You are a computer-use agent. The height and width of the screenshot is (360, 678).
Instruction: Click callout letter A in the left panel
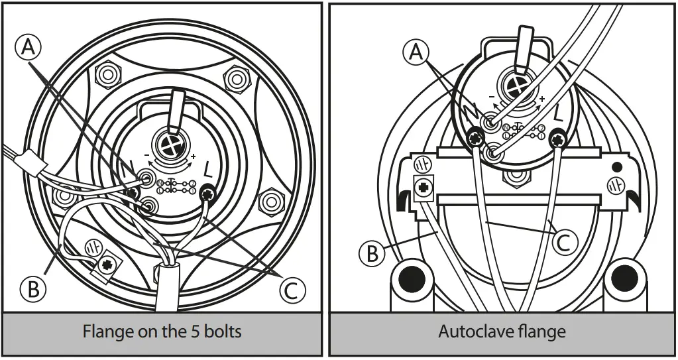[x=28, y=47]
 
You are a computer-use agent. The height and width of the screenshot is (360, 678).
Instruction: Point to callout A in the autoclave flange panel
[x=416, y=52]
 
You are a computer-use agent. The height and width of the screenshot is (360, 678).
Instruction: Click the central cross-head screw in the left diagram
[x=172, y=143]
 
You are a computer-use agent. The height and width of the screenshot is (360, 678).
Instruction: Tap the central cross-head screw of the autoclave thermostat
[x=512, y=86]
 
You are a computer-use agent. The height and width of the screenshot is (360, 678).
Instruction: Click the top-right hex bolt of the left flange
[x=235, y=79]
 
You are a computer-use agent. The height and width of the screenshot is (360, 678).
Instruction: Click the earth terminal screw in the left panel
[x=106, y=267]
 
